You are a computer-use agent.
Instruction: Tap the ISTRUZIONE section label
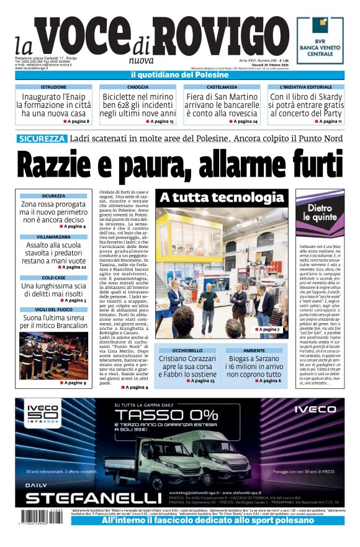click(53, 87)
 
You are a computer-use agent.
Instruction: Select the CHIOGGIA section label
click(137, 87)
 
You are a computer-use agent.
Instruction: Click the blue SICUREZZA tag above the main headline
click(42, 138)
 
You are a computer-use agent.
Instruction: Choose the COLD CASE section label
click(53, 278)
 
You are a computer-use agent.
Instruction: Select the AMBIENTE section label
click(254, 350)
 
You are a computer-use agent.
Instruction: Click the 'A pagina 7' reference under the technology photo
click(268, 329)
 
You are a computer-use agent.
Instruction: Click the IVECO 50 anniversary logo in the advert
click(44, 413)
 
